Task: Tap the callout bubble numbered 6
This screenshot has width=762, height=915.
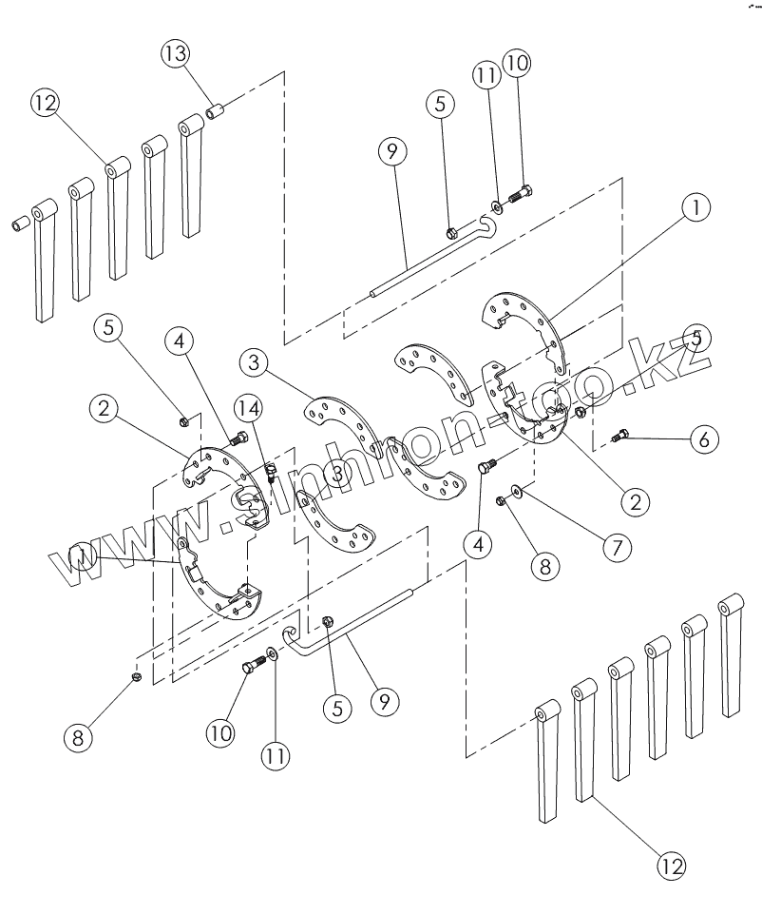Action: [704, 438]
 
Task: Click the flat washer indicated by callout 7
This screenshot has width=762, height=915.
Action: [514, 491]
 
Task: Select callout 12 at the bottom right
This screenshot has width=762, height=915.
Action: [671, 865]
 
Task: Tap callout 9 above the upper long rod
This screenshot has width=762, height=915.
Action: [392, 150]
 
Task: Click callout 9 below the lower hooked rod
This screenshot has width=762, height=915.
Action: [384, 701]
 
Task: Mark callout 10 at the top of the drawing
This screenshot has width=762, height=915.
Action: [517, 63]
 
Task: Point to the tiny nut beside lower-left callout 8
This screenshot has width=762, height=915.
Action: [136, 676]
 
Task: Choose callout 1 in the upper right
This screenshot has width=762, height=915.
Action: [696, 207]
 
